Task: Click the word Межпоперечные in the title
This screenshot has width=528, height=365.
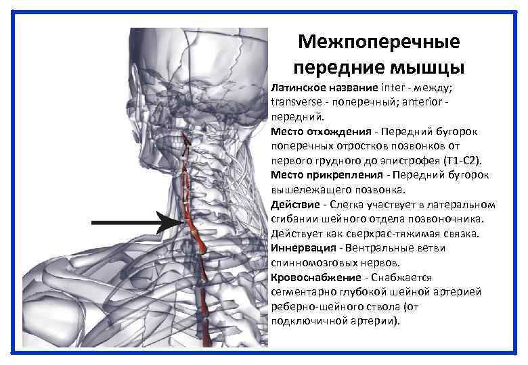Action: (x=378, y=43)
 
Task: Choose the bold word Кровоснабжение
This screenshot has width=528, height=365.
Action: (x=316, y=278)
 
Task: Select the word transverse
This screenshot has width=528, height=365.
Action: (x=294, y=102)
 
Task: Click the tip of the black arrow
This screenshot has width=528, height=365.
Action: (x=177, y=222)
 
